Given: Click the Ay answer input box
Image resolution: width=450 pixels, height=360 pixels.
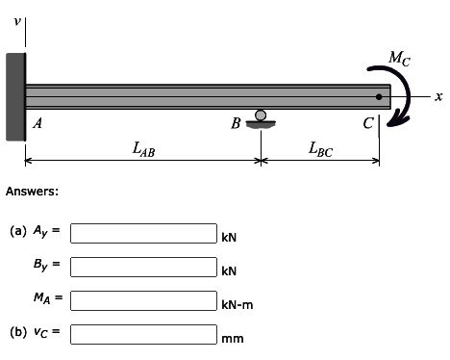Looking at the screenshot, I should click(x=144, y=233).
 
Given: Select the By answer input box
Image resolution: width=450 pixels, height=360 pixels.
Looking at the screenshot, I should click(x=144, y=267).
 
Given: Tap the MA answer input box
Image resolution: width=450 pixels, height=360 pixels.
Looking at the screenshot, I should click(x=144, y=300).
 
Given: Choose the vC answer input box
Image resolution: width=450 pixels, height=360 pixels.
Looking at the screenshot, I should click(x=144, y=334).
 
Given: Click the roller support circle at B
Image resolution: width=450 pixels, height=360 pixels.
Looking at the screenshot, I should click(x=260, y=116).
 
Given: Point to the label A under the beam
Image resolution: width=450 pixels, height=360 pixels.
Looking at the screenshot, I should click(x=37, y=123).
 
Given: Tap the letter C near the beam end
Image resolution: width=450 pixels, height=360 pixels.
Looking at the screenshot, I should click(x=367, y=122).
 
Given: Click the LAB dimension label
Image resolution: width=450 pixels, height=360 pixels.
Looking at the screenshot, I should click(x=144, y=148).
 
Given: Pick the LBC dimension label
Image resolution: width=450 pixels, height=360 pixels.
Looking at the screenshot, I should click(x=320, y=148).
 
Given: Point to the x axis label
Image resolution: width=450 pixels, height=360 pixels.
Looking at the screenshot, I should click(x=437, y=96).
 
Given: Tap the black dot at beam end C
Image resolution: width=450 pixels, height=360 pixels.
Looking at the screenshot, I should click(x=379, y=96).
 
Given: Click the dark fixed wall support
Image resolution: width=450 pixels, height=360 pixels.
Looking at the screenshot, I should click(x=14, y=96).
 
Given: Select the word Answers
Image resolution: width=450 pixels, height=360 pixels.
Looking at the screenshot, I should click(x=33, y=192).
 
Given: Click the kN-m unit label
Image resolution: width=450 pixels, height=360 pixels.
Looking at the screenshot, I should click(x=236, y=305).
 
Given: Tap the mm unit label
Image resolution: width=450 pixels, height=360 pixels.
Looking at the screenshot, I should click(x=232, y=339).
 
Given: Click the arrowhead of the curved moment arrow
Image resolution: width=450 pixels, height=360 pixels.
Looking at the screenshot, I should click(x=403, y=119).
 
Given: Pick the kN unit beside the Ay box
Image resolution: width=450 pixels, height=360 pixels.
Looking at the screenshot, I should click(x=229, y=237).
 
